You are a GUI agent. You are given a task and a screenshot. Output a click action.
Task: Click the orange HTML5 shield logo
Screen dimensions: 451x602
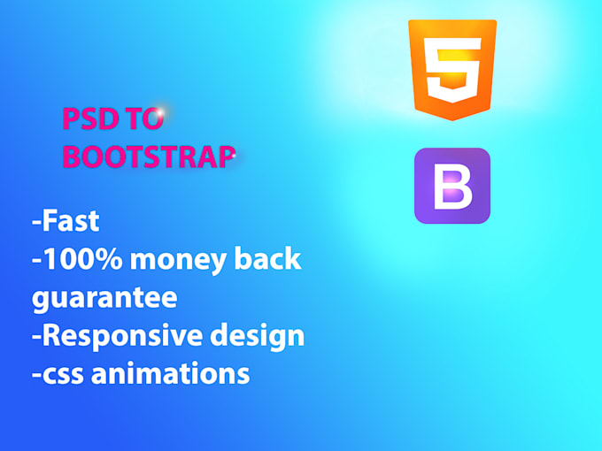(x=451, y=69)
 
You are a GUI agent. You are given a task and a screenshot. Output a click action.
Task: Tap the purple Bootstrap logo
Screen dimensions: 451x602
(x=451, y=186)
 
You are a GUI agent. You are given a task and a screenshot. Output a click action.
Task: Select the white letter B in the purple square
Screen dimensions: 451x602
(x=452, y=186)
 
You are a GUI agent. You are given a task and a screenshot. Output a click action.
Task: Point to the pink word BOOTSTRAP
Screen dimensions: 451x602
(x=148, y=157)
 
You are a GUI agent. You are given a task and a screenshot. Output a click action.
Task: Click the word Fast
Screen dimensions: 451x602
(x=70, y=222)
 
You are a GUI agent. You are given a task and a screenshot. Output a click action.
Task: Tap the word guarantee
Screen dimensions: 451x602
(x=104, y=298)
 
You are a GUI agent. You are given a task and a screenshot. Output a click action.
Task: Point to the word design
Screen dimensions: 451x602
(x=259, y=336)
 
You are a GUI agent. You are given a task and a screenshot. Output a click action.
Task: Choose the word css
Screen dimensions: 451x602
(x=64, y=374)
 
